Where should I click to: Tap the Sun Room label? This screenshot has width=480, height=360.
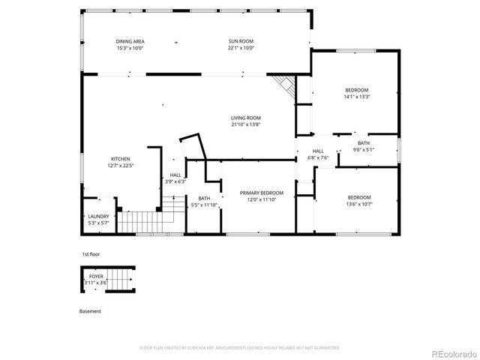[x=241, y=41]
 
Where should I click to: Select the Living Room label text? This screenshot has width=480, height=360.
[x=245, y=118]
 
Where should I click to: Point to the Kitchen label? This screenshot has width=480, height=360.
[x=121, y=159]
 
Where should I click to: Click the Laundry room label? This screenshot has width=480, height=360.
[x=98, y=217]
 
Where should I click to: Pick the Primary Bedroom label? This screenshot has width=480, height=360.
[x=262, y=193]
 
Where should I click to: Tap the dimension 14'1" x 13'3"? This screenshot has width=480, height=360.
[x=356, y=96]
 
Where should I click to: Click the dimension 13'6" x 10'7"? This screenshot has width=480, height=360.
[x=358, y=204]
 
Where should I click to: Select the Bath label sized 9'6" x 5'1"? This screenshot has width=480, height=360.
[x=364, y=143]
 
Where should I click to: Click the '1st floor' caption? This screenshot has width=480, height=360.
[x=91, y=255]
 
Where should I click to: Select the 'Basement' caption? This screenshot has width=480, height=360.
[x=90, y=310]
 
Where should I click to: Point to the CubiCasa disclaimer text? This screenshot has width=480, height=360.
[x=240, y=348]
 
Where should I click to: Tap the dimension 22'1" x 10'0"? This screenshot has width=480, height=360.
[x=241, y=47]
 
